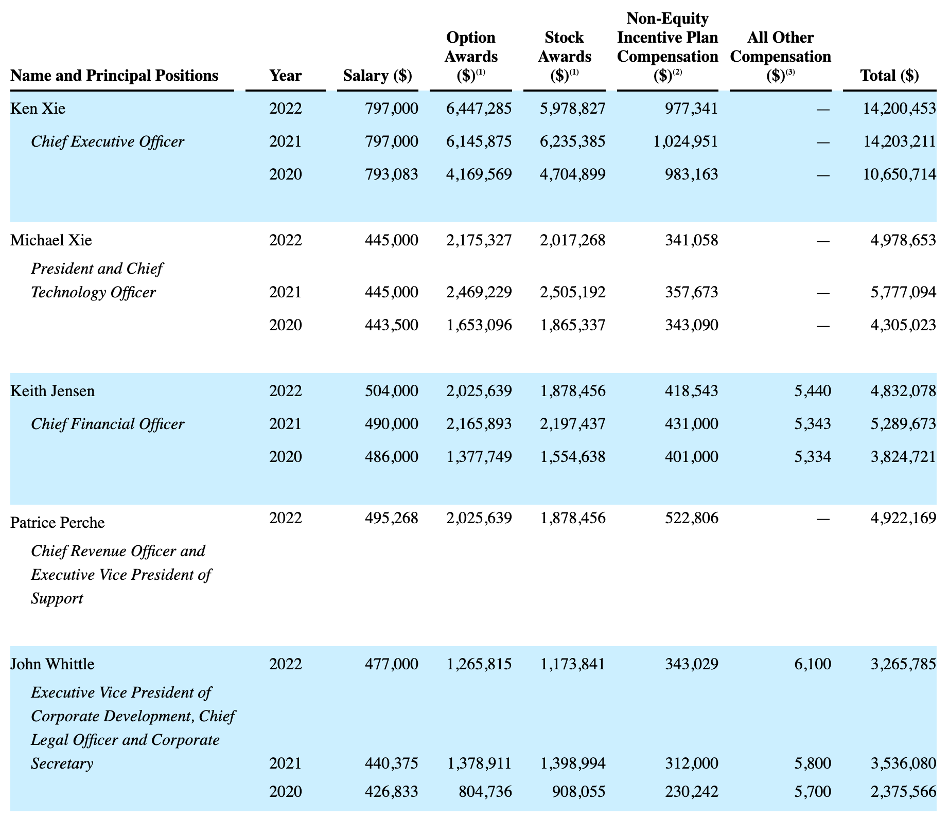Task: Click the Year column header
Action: [286, 76]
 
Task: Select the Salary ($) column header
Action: [377, 76]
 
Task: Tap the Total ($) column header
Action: [889, 76]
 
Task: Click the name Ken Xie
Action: [38, 109]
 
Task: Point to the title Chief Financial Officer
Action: [108, 424]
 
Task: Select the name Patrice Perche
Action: [58, 523]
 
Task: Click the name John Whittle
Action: [52, 664]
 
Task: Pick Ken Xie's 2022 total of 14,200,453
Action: [899, 109]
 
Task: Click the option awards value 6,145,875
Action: [479, 141]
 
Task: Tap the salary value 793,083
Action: [391, 174]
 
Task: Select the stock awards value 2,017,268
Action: [573, 240]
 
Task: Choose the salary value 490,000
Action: [391, 424]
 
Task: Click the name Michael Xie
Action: [51, 240]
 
